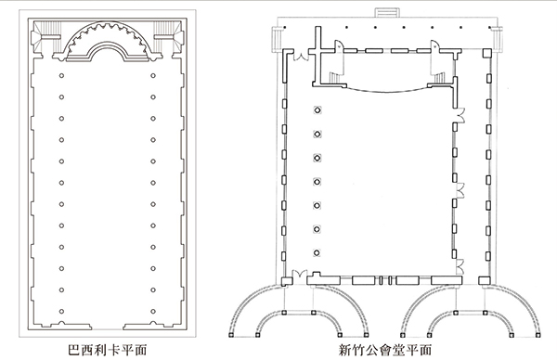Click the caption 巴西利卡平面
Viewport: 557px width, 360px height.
point(107,350)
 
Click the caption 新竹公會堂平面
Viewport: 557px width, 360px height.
point(386,350)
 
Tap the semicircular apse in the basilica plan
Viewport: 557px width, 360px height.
point(108,29)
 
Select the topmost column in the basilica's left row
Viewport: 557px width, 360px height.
point(61,76)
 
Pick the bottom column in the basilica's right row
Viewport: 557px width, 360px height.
point(153,312)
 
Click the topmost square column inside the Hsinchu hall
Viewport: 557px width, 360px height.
point(317,110)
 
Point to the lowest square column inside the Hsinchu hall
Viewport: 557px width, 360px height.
point(317,252)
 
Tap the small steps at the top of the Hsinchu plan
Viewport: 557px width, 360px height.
point(386,12)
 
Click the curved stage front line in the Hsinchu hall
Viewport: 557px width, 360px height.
point(387,90)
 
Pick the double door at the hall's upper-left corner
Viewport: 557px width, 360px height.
point(301,56)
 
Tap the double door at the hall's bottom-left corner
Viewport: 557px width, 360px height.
point(299,274)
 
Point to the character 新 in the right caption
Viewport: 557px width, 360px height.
point(344,350)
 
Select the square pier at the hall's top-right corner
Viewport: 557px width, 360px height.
point(486,54)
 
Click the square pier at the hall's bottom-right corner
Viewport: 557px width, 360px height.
point(485,281)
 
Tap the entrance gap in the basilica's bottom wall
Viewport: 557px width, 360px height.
point(108,327)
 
